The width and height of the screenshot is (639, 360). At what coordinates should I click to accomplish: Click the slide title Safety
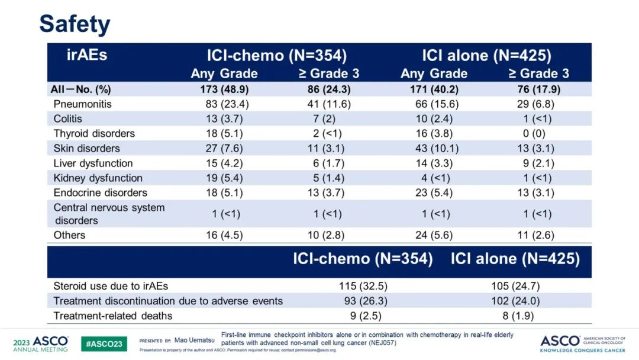point(75,24)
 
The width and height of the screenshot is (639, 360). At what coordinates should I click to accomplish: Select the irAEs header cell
point(87,56)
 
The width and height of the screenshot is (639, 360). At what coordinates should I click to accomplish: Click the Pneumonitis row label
point(82,104)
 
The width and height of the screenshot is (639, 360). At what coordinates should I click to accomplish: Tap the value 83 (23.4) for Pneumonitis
point(224,104)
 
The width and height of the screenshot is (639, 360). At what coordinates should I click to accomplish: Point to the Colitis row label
point(68,119)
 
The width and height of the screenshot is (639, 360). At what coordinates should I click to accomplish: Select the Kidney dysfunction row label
point(98,178)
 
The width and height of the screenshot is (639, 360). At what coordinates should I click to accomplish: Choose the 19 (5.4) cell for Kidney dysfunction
point(224,178)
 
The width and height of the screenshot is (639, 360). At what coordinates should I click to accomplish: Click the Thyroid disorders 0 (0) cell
point(539,134)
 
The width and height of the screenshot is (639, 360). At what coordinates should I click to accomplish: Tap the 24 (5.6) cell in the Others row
point(434,235)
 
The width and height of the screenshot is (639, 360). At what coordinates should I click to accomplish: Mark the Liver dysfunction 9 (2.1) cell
point(539,163)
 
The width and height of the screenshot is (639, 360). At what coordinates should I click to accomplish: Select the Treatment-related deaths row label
point(113,316)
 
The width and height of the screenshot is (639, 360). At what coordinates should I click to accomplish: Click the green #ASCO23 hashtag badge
point(104,344)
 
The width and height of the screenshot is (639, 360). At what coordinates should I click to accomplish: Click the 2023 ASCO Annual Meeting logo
point(40,344)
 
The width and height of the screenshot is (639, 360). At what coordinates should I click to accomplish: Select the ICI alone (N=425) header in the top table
point(486,56)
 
